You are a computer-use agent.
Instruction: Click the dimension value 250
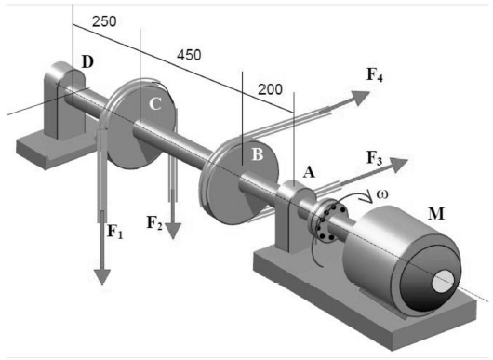[104, 21]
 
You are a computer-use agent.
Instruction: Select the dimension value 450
[189, 55]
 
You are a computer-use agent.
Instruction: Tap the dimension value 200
[270, 89]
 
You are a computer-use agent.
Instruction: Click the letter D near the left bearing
[87, 62]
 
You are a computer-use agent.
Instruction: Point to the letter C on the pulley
[155, 103]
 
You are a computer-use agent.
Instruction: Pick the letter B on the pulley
[258, 154]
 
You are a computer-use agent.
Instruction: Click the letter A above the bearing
[309, 172]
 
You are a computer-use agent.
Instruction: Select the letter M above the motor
[436, 214]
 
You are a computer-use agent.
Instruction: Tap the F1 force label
[115, 232]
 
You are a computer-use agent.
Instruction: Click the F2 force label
[154, 222]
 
